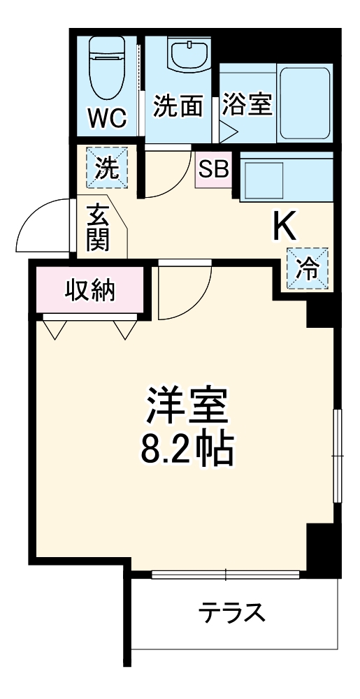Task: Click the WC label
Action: click(x=107, y=119)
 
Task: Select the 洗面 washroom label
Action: click(x=178, y=107)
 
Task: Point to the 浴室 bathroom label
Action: click(x=246, y=107)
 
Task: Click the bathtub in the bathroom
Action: click(x=303, y=104)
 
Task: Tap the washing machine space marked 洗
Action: click(x=107, y=168)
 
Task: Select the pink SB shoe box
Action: click(x=213, y=170)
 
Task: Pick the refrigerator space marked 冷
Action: click(x=307, y=269)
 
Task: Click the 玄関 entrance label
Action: click(x=97, y=228)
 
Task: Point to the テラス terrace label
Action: click(x=231, y=613)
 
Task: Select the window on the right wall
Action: click(x=336, y=454)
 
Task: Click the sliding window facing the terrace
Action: click(x=226, y=575)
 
